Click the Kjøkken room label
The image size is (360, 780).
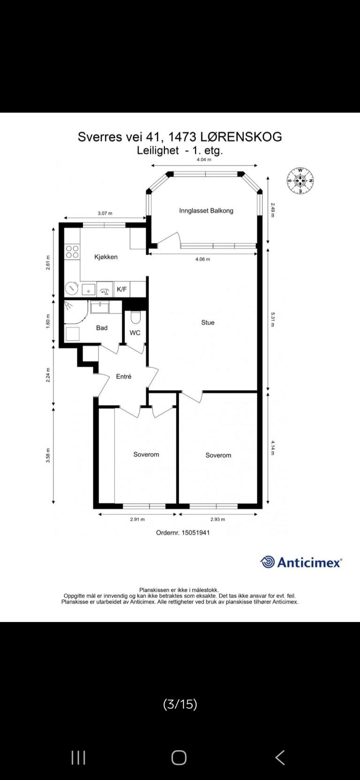click(106, 257)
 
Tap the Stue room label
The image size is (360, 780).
click(208, 322)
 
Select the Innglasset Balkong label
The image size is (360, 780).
click(206, 210)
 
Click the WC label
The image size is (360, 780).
click(135, 333)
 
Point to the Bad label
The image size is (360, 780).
click(102, 328)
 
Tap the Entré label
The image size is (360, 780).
click(124, 376)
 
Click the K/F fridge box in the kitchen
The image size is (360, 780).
click(121, 289)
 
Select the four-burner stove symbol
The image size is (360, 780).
click(72, 252)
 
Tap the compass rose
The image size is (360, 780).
click(300, 180)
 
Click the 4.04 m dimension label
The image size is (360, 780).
click(204, 160)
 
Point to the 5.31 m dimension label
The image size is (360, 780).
click(273, 319)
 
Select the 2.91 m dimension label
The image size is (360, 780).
click(137, 519)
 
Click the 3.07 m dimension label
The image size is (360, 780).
click(105, 213)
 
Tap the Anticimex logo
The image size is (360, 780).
click(301, 562)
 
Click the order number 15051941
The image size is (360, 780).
click(195, 532)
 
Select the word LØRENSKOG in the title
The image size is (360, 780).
click(241, 137)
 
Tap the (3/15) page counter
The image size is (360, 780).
click(180, 704)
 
